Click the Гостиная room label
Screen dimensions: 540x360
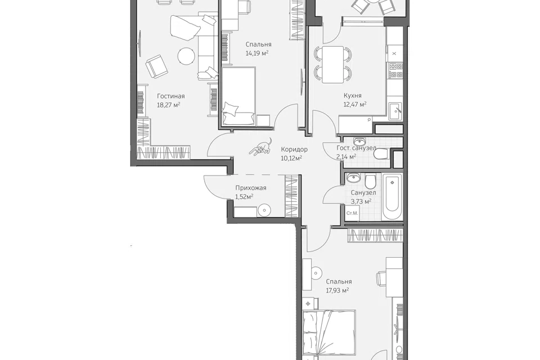point(171,96)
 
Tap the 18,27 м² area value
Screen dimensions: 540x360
point(169,105)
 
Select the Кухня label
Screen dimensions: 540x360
point(353,96)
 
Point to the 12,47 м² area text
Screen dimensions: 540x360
point(355,104)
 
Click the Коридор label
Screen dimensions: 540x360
point(294,150)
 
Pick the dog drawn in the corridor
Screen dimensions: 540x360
point(262,147)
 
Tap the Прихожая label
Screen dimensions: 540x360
point(251,188)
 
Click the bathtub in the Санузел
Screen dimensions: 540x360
point(393,196)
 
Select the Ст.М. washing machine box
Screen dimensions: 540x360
point(352,213)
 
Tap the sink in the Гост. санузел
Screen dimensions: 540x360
point(360,142)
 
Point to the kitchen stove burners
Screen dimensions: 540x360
point(395,70)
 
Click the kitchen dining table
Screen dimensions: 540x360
point(332,65)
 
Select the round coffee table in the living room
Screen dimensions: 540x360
point(186,56)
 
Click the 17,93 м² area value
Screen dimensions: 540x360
point(337,290)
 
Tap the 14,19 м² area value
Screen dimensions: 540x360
point(257,53)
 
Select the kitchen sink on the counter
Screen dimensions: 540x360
point(395,111)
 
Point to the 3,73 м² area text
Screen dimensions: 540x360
point(361,201)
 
